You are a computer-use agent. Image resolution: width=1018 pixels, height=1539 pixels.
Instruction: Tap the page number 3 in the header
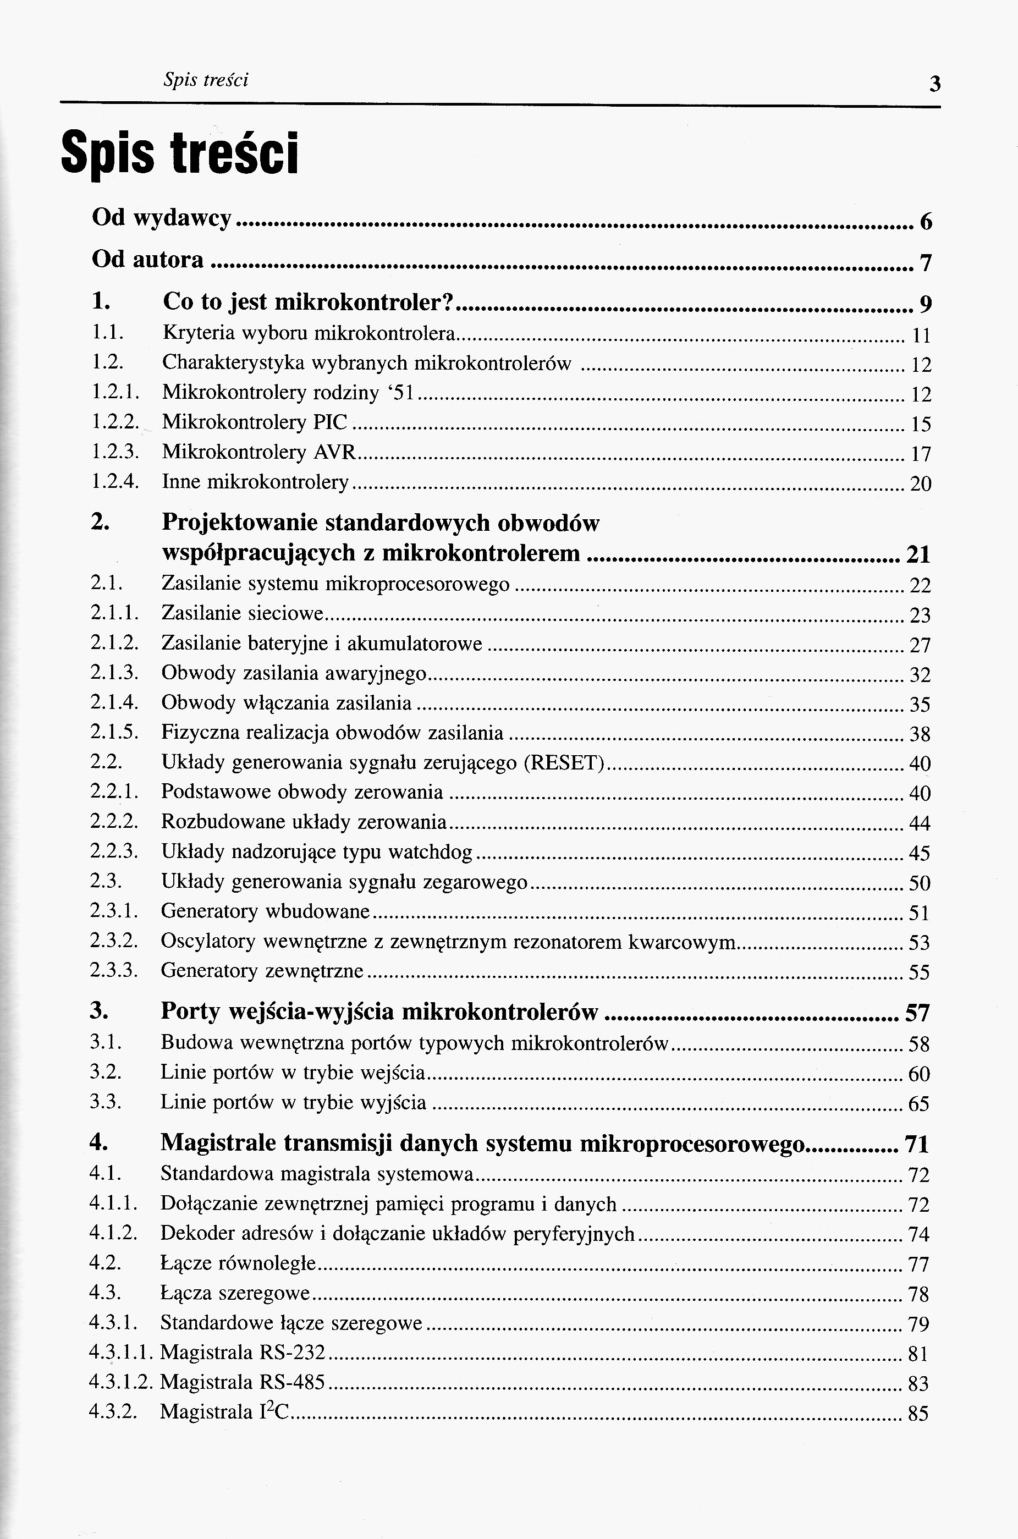934,84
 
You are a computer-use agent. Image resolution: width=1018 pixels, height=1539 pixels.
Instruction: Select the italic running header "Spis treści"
206,80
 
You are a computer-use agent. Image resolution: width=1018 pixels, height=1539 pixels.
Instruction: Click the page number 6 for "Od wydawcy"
926,222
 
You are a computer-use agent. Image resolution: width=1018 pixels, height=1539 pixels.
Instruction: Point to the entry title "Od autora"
147,260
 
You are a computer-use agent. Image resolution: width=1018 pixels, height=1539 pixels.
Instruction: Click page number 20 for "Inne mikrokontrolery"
921,483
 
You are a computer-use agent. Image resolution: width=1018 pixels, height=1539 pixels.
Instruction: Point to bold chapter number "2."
100,523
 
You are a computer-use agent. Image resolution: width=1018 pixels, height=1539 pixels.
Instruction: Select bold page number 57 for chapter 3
917,1013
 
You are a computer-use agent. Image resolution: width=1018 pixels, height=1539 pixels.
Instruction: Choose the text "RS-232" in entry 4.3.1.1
291,1353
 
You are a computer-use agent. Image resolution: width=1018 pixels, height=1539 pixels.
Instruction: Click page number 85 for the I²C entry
918,1414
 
